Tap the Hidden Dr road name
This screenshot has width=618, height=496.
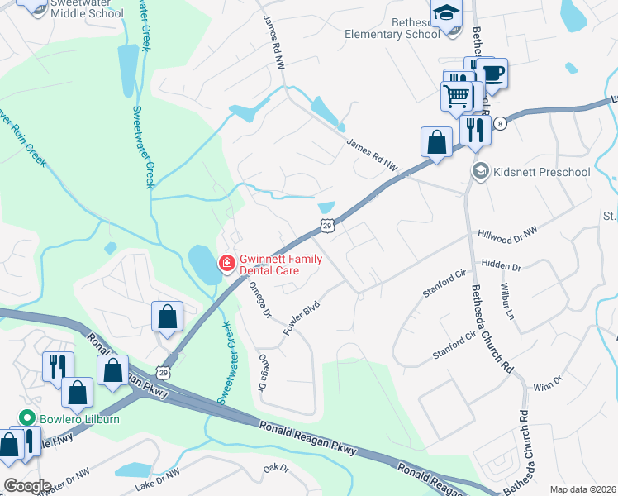click(500, 268)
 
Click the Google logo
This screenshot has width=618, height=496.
click(26, 485)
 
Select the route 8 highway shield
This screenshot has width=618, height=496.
click(500, 122)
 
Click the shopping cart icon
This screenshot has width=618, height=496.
click(456, 97)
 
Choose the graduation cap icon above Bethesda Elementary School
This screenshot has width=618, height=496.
click(447, 14)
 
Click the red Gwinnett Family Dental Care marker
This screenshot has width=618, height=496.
click(225, 264)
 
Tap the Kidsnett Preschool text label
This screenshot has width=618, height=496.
click(542, 172)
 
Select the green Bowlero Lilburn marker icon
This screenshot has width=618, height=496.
click(26, 419)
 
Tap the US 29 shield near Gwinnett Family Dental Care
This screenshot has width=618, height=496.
click(327, 226)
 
